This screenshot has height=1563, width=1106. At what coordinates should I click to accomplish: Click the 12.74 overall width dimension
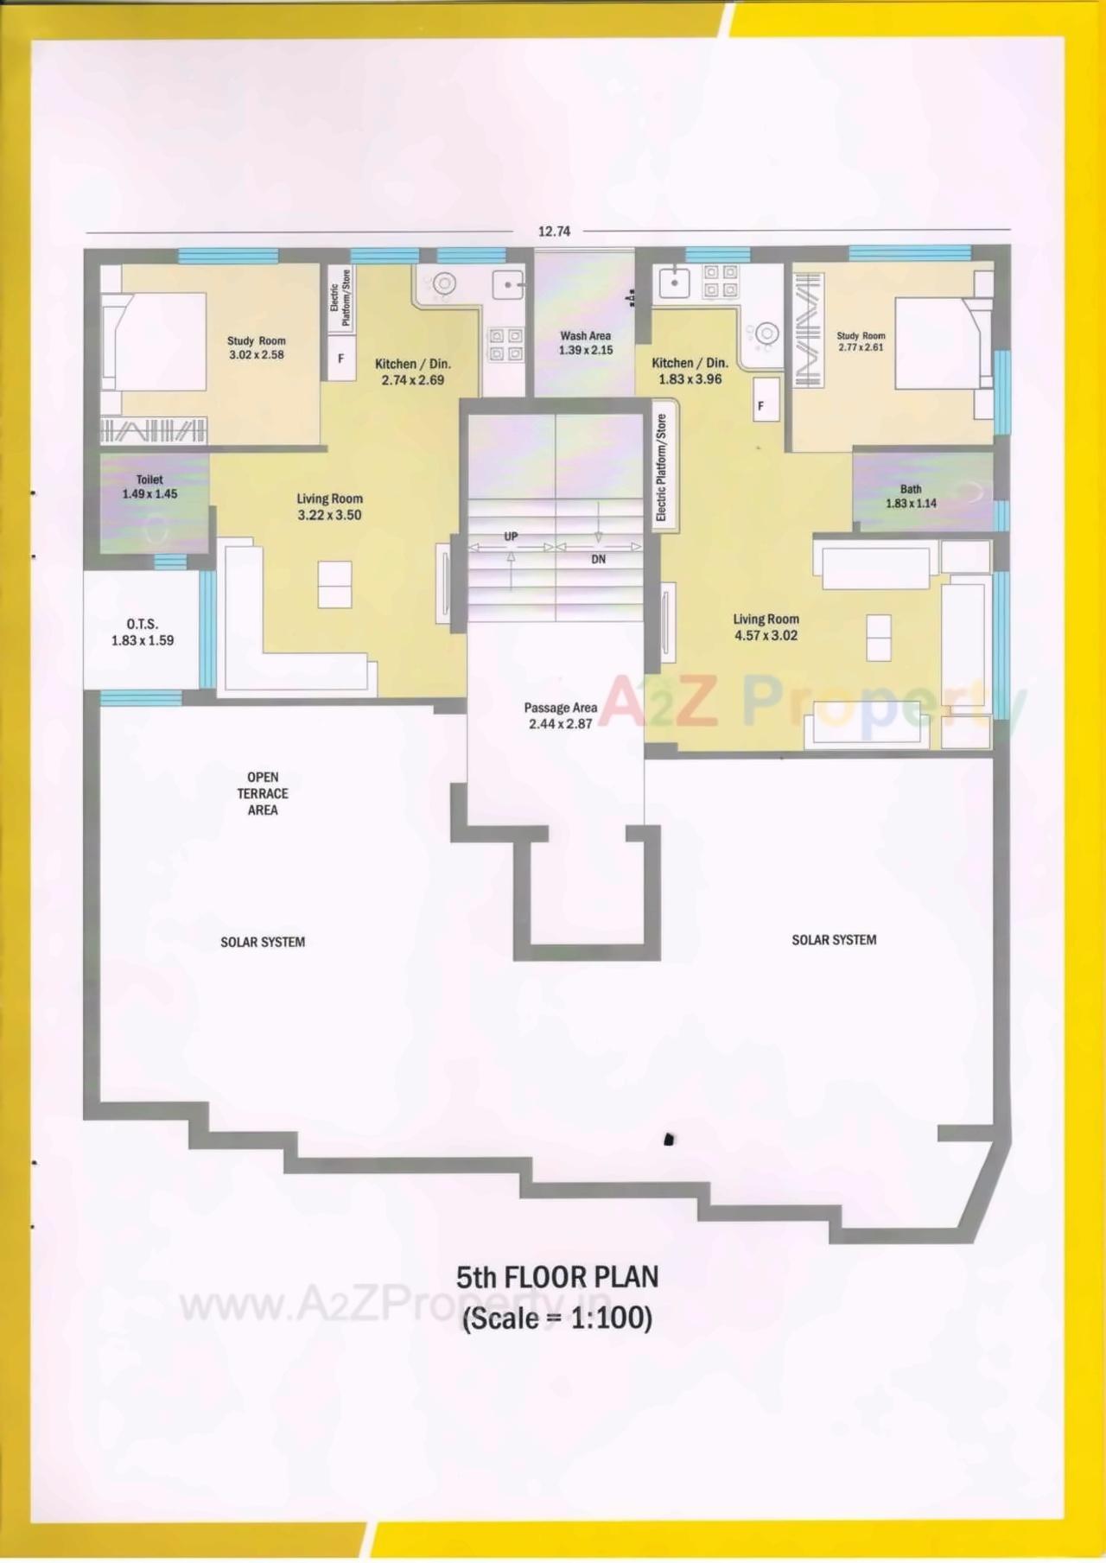point(554,231)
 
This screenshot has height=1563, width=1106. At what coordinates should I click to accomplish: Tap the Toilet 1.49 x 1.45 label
point(149,486)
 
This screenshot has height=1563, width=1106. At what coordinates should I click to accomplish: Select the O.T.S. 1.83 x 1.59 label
point(143,632)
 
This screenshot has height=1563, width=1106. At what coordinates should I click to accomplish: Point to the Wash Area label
point(585,342)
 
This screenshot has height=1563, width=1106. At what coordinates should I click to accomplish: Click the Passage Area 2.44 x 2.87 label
point(561,715)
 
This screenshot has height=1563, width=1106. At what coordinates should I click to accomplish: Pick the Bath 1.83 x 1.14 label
point(911,496)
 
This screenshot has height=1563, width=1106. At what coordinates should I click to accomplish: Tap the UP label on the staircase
point(511,537)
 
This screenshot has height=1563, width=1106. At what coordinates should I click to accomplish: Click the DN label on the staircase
point(599,559)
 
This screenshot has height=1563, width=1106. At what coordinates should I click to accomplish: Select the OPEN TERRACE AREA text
point(263,793)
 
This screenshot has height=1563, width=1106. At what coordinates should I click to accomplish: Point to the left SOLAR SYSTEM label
point(263,942)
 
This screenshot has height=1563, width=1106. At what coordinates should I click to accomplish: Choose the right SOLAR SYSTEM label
point(834,939)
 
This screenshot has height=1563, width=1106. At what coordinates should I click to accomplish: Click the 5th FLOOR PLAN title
point(556,1277)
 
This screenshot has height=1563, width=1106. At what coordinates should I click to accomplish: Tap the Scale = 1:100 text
point(556,1318)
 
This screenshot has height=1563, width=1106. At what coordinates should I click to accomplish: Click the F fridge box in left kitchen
point(340,358)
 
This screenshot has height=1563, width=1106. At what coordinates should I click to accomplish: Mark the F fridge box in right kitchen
point(761,405)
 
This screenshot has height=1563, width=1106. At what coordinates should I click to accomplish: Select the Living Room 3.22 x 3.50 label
point(329,506)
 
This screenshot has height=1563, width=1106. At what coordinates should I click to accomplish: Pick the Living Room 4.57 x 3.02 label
point(766,626)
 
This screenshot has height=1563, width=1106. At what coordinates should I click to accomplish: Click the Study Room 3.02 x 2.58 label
point(256,347)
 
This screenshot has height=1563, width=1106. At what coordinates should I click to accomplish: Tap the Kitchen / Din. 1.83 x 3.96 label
point(690,371)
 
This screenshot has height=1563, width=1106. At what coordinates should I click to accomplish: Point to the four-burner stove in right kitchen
point(721,281)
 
